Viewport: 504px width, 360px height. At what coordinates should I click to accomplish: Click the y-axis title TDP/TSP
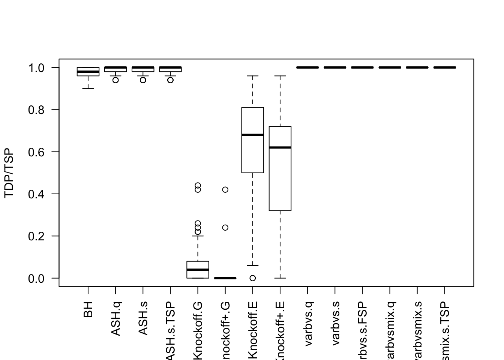pos(9,173)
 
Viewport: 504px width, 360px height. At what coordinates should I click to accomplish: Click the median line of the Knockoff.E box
pos(253,135)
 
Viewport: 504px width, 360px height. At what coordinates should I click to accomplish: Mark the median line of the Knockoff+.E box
pos(280,147)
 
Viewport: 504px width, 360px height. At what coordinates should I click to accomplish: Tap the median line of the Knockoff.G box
pos(198,270)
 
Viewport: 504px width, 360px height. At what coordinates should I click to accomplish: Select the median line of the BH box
pos(88,72)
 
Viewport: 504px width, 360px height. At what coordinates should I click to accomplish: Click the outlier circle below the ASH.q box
pos(115,80)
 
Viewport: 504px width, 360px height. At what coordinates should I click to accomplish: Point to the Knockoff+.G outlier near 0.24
pos(225,228)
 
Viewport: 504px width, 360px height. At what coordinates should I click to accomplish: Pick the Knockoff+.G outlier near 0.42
pos(225,190)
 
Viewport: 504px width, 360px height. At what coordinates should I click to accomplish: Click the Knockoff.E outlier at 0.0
pos(253,278)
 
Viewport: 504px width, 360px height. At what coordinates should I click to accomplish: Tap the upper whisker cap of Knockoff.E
pos(253,76)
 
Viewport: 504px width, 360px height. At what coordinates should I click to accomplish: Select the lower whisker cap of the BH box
pos(88,88)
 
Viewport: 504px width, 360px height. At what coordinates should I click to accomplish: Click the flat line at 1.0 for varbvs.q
pos(307,67)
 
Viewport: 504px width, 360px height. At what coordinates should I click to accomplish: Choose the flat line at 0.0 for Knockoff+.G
pos(225,278)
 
